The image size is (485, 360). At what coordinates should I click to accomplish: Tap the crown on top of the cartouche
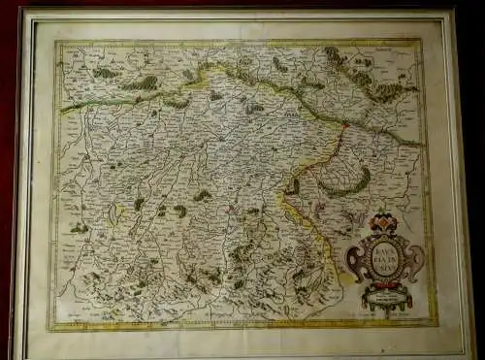[382, 222]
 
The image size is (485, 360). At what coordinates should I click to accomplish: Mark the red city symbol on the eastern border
[342, 124]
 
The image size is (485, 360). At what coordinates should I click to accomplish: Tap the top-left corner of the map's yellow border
[55, 42]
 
